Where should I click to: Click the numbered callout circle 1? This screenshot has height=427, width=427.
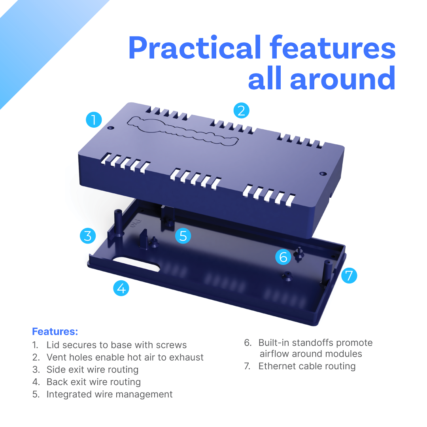[x=94, y=120]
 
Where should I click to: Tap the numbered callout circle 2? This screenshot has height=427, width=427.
[x=241, y=111]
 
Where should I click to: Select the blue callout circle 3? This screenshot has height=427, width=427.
[x=88, y=236]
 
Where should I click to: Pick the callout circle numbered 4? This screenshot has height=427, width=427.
[x=121, y=288]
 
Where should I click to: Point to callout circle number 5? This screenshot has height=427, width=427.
[x=183, y=236]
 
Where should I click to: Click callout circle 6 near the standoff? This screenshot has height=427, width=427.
[x=283, y=257]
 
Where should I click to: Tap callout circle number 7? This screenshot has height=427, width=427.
[x=349, y=276]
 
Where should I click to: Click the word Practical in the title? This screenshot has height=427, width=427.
[x=195, y=48]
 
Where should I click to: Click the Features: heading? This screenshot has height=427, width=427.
[x=55, y=331]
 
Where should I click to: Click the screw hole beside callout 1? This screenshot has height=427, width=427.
[x=111, y=128]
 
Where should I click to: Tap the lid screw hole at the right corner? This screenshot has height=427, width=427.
[x=323, y=174]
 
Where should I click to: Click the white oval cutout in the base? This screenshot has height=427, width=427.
[x=136, y=263]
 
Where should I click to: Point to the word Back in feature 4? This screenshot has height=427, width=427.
[x=57, y=382]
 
